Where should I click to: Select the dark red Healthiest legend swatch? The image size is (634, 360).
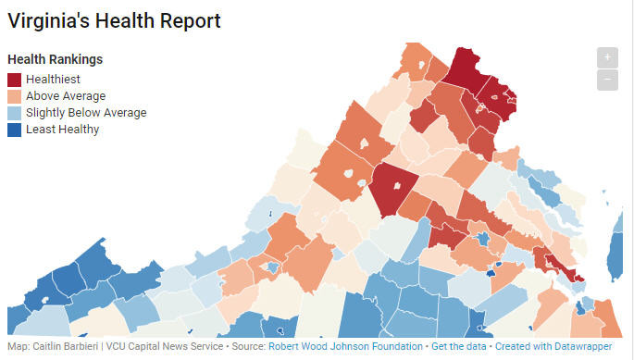click(x=14, y=80)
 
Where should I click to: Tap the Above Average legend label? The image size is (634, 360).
click(x=66, y=96)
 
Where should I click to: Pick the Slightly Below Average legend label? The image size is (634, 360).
click(x=86, y=113)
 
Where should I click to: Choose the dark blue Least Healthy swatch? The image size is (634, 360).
click(x=14, y=130)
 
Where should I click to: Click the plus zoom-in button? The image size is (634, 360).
click(x=607, y=56)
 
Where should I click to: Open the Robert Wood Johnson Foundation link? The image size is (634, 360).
click(x=345, y=346)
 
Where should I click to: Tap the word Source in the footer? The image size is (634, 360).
click(x=246, y=346)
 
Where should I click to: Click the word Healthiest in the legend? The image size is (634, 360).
click(x=54, y=80)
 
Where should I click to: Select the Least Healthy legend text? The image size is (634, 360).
click(x=62, y=130)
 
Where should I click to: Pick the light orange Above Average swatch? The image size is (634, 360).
click(x=14, y=96)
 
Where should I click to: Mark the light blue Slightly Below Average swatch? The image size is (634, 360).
click(x=14, y=113)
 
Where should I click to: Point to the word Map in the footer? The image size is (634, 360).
click(x=16, y=346)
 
